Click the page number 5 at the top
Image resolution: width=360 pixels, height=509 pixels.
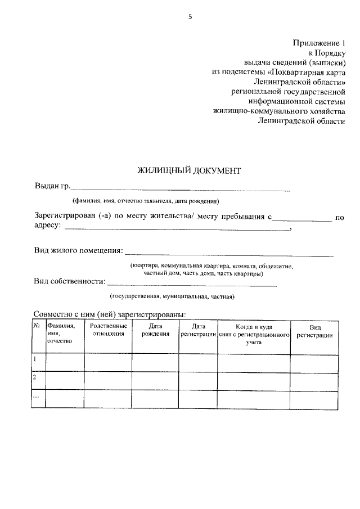tap(190, 17)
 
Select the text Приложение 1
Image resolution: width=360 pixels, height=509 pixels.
tap(318, 43)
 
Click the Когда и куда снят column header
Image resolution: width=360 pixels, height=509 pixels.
tap(254, 334)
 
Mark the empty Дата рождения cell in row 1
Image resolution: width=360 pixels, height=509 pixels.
tap(155, 363)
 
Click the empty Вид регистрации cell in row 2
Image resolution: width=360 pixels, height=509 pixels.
tap(314, 381)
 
